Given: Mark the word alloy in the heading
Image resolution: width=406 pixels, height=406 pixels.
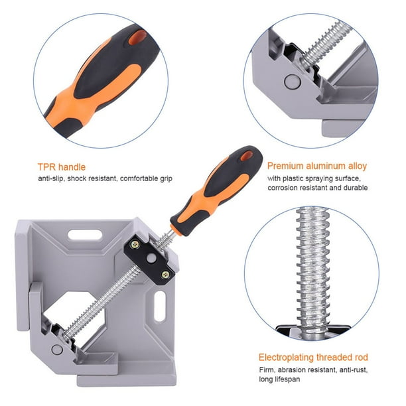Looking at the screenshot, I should pyautogui.click(x=372, y=167).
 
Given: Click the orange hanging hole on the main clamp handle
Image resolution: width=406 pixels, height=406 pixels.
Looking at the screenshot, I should pyautogui.click(x=246, y=157).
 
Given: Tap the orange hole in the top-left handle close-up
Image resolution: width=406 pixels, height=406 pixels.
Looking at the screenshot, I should pyautogui.click(x=137, y=36).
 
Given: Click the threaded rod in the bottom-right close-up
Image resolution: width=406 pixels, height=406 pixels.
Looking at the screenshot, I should pyautogui.click(x=310, y=265).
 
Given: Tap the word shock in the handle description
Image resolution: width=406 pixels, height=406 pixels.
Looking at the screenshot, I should pyautogui.click(x=91, y=178).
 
